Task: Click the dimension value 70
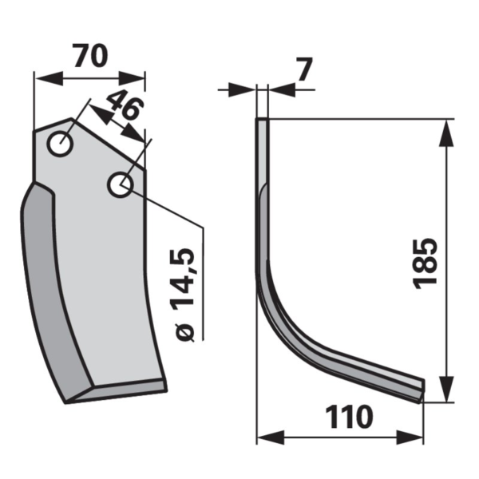[x=91, y=56]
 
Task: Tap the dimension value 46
[x=125, y=105]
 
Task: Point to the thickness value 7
[x=305, y=69]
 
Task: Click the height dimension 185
[x=426, y=263]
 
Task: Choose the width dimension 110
[x=349, y=417]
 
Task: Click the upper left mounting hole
[x=60, y=144]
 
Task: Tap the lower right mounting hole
[x=121, y=185]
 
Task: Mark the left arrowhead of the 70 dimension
[x=49, y=78]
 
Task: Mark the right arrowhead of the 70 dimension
[x=132, y=78]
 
